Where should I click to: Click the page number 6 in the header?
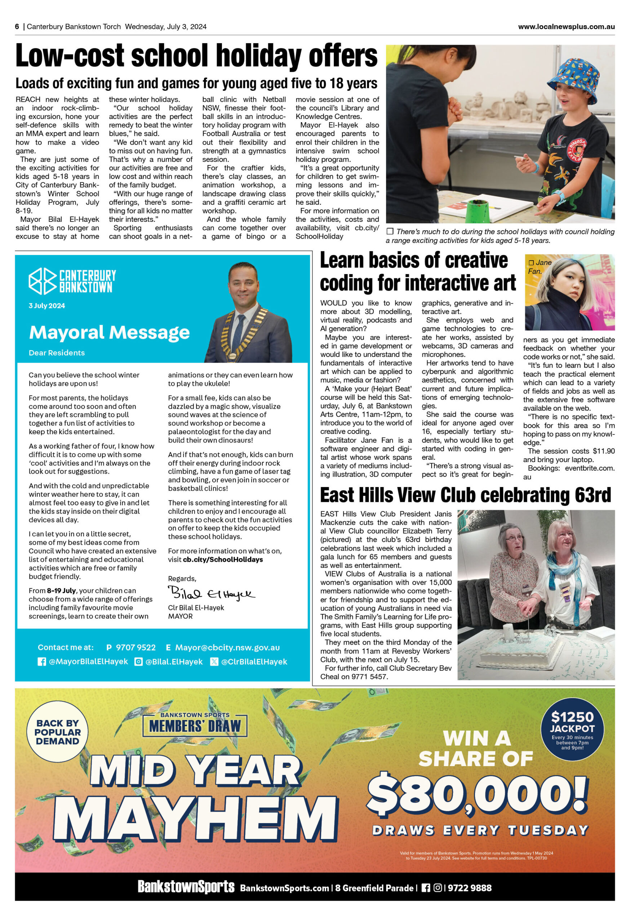17,27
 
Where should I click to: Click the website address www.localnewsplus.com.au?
566,27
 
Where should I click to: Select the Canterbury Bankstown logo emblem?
43,281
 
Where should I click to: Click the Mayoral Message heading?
109,332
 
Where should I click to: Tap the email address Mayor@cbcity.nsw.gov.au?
227,648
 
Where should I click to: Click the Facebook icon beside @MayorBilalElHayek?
42,662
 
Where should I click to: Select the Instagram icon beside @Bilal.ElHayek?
138,662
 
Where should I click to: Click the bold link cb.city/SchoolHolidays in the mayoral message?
223,559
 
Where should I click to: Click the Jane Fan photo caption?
540,267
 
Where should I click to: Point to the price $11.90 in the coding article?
603,451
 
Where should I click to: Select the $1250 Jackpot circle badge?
572,728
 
